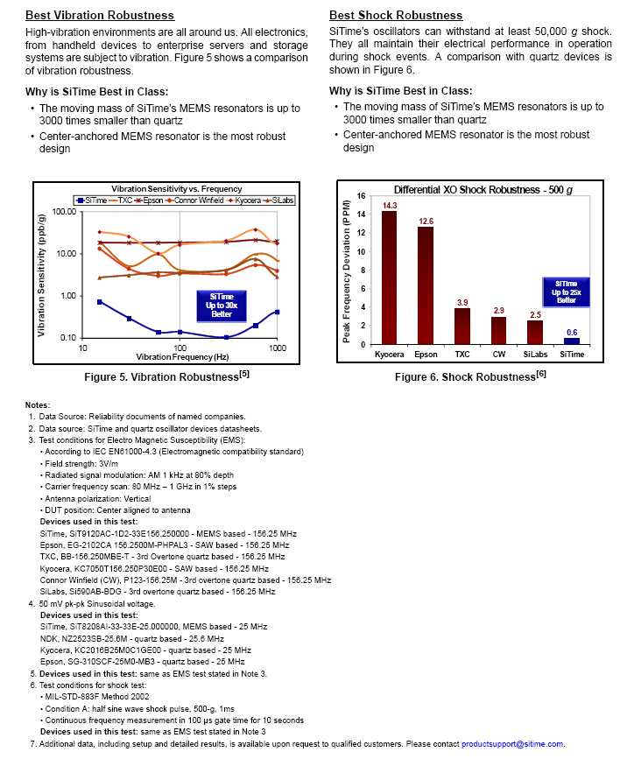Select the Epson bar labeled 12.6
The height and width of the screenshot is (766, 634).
[425, 285]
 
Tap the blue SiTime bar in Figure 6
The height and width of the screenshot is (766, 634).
[571, 341]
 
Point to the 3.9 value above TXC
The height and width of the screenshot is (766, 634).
[461, 302]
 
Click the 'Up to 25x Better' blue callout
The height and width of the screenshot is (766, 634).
[566, 292]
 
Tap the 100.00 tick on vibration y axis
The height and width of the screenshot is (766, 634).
[65, 212]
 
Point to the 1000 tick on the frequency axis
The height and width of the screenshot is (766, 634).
[278, 348]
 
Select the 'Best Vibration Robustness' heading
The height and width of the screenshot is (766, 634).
[99, 16]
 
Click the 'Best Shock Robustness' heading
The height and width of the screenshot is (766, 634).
[396, 16]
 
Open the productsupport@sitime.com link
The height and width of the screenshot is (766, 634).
[512, 743]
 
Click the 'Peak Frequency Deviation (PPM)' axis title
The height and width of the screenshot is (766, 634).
[347, 268]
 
